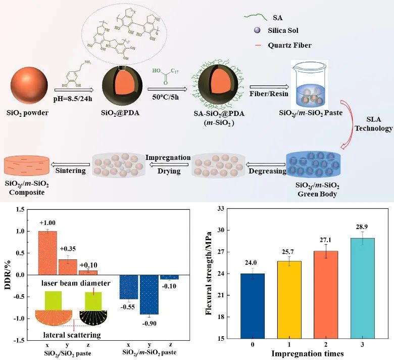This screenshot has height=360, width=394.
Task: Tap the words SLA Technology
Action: pyautogui.click(x=373, y=124)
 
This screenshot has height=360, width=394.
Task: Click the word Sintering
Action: pyautogui.click(x=70, y=171)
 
